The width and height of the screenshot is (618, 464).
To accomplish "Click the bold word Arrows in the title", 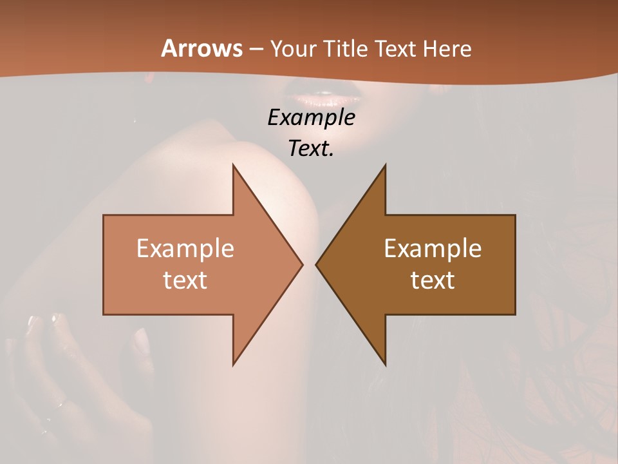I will (x=201, y=48).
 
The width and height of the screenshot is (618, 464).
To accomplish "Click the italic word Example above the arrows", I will (x=311, y=118).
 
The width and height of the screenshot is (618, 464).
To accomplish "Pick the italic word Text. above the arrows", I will (x=311, y=149).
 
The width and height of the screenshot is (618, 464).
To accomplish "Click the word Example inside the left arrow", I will (x=185, y=249).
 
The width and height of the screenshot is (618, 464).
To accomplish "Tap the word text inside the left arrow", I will (x=185, y=280).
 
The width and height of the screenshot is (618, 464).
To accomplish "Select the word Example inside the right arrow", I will (x=433, y=249).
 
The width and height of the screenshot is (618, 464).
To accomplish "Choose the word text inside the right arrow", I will (x=433, y=280).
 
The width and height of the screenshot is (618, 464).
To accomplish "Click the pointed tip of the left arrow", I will (x=303, y=264).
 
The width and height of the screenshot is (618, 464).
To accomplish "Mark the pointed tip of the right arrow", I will (x=316, y=264).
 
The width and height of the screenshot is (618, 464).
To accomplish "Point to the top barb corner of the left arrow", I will (x=233, y=165).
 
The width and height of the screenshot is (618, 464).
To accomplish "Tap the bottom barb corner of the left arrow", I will (x=233, y=365).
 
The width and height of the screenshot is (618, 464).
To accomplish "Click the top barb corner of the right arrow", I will (x=385, y=165).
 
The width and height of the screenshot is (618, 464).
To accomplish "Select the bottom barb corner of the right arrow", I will (x=385, y=365).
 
